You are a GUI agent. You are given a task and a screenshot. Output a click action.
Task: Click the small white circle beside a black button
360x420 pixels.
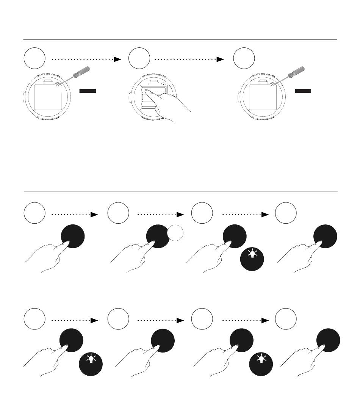[175, 233]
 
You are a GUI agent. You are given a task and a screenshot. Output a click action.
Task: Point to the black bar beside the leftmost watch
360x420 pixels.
[88, 91]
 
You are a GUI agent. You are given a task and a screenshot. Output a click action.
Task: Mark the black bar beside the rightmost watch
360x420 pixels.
[303, 91]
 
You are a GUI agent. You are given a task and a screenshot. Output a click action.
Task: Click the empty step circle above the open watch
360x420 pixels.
[139, 59]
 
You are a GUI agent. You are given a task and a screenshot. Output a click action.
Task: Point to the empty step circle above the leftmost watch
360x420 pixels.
[34, 59]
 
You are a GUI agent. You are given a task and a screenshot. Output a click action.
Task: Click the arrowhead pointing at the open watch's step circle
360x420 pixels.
[118, 59]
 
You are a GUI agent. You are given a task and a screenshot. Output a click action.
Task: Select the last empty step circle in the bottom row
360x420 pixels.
[286, 320]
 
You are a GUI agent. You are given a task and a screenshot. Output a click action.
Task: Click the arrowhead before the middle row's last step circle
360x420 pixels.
[265, 215]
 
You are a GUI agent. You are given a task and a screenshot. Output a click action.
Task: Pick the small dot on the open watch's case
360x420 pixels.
[163, 85]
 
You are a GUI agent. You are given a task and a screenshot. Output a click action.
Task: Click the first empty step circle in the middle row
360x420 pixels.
[34, 213]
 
